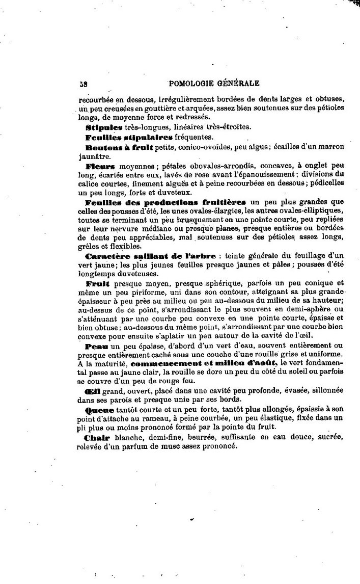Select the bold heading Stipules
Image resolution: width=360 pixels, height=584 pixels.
(x=104, y=127)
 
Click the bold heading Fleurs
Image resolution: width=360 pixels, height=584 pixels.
(x=100, y=166)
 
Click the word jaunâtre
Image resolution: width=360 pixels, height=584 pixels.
(x=93, y=156)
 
